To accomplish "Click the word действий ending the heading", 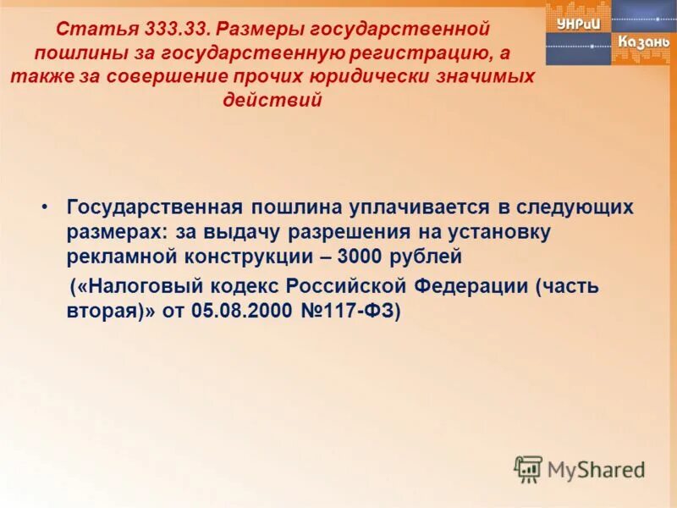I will (272, 100).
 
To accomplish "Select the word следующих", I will (574, 207).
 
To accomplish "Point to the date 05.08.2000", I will (244, 310).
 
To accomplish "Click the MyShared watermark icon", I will (528, 468).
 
